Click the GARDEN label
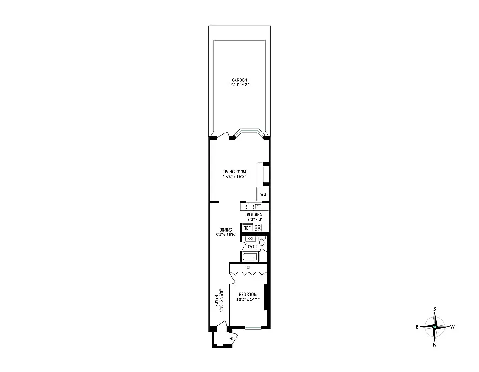239,80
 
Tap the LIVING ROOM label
234,171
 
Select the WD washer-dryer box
263,194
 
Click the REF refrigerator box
247,228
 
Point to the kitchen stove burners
258,228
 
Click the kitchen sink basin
257,206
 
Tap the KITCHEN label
254,214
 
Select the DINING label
226,230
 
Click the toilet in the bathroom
262,242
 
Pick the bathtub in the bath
249,257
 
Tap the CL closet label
249,268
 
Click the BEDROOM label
248,294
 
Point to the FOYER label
217,301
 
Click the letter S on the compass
435,309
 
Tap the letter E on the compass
417,327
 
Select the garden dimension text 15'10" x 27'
239,86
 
